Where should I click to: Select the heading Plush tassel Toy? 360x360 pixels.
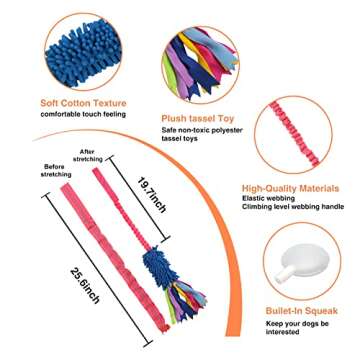(200, 117)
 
